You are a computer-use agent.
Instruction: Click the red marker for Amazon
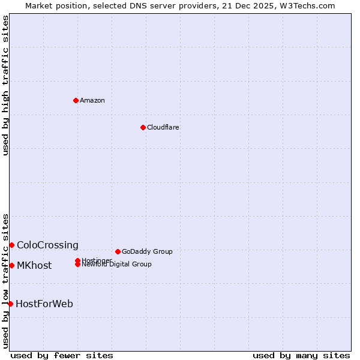(x=76, y=100)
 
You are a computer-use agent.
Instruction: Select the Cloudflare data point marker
(x=143, y=127)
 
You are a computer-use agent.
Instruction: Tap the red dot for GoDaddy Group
(x=118, y=251)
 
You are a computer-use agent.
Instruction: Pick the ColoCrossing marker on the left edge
(x=11, y=245)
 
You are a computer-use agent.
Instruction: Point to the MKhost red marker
(x=11, y=265)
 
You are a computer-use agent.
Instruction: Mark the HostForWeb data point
(x=10, y=304)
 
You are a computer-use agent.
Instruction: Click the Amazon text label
(x=92, y=100)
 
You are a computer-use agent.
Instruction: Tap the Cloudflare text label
(x=163, y=127)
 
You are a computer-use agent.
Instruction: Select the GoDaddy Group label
(x=147, y=251)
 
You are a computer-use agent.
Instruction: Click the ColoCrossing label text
(x=47, y=245)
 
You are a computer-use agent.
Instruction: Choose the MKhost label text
(x=34, y=265)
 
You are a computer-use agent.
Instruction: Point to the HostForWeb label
(x=44, y=304)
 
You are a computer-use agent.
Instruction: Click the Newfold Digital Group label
(x=116, y=265)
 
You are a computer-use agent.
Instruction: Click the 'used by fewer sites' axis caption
(x=62, y=355)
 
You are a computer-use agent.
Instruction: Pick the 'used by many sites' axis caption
(x=301, y=355)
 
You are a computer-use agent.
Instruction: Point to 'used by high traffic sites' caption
(x=5, y=85)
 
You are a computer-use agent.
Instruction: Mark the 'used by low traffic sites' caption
(x=5, y=281)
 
